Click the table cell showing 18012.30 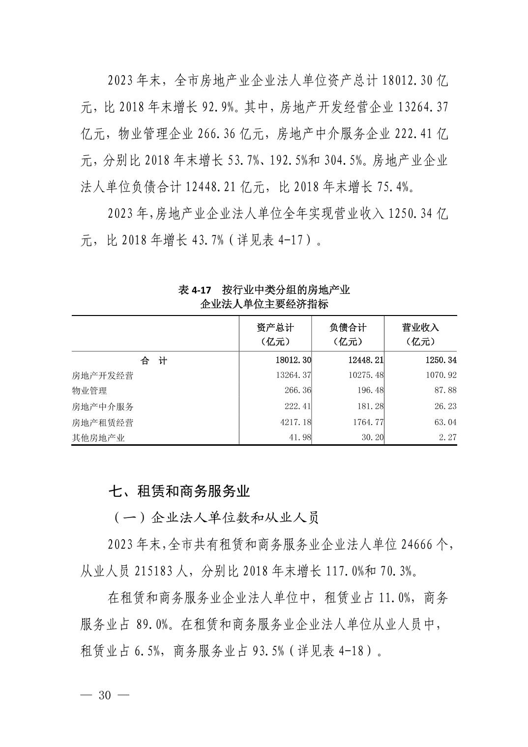click(x=293, y=361)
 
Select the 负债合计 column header click(x=348, y=334)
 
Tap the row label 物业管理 click(x=89, y=391)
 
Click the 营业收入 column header click(x=420, y=334)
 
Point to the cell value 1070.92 click(x=441, y=375)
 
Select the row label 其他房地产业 click(x=98, y=438)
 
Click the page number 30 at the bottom click(x=106, y=695)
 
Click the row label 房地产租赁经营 click(x=102, y=423)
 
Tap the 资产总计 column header click(x=275, y=334)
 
